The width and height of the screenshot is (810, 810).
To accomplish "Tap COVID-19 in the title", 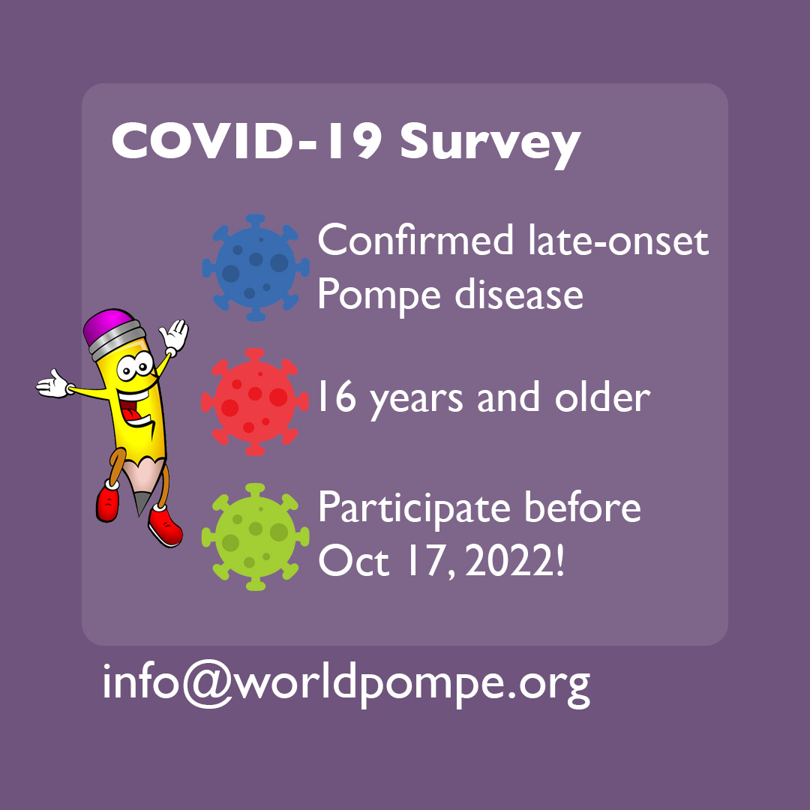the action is pos(247,141).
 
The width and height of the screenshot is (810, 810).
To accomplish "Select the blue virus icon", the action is pos(255,268).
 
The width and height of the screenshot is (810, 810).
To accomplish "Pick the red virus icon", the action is pos(255,402).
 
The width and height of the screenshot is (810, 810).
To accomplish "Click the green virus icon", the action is pos(255,537).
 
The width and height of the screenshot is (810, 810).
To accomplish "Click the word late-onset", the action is pos(618,239).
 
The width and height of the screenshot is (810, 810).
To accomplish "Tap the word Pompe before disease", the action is pos(379,295).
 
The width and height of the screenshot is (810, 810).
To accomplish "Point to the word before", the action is pos(583,507).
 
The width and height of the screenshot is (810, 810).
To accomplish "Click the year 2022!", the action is pos(514,561).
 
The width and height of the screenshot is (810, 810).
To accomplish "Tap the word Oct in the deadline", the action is pos(353,561).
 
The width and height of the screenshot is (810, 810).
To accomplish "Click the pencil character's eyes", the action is pos(135,367).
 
